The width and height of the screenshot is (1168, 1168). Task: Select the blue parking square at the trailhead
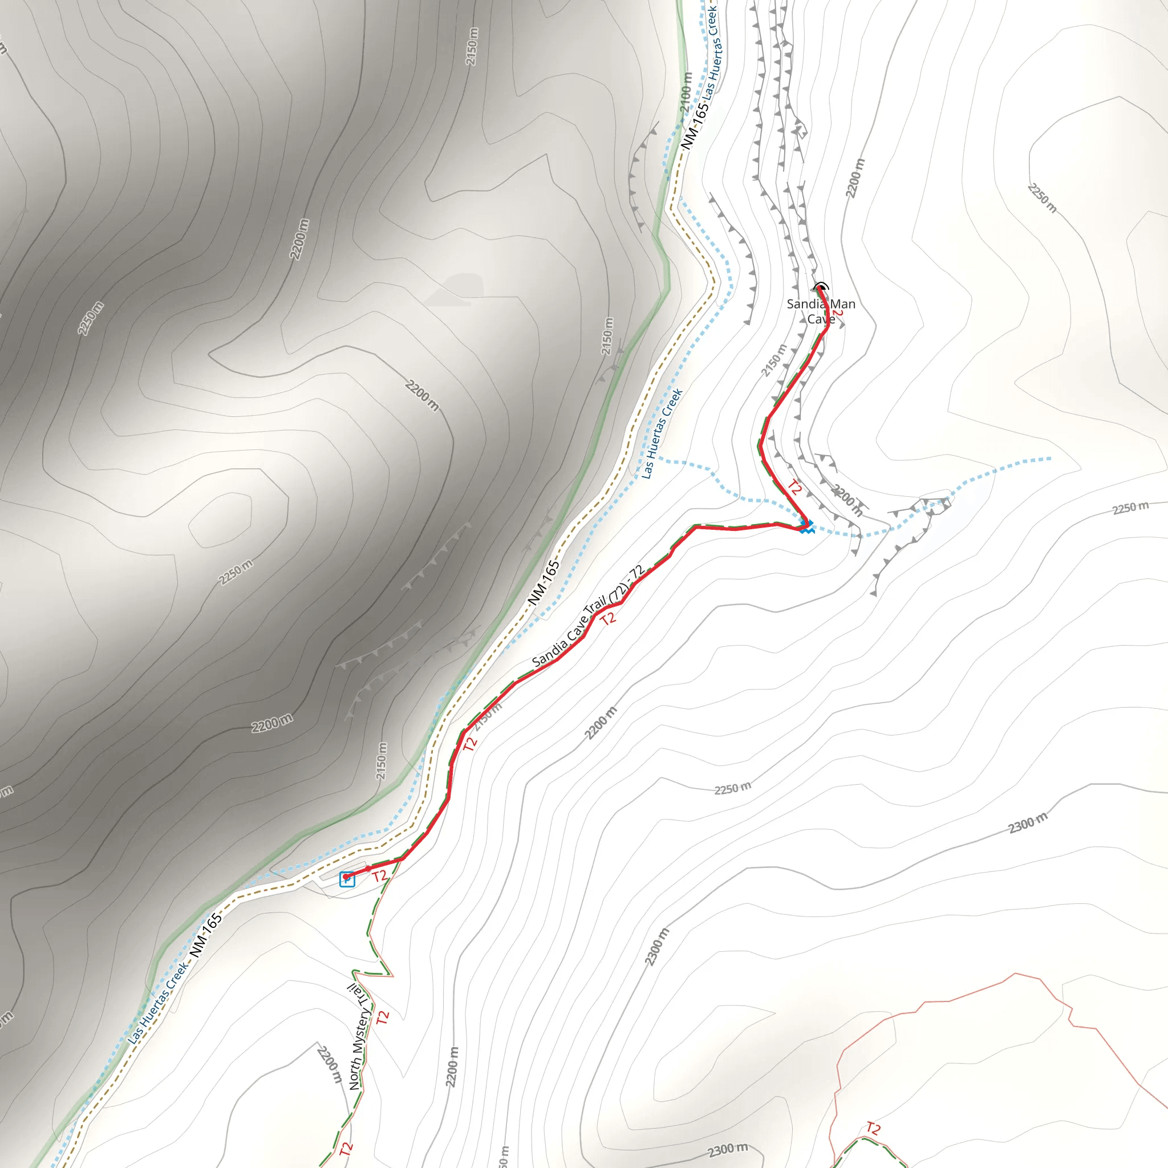(x=347, y=879)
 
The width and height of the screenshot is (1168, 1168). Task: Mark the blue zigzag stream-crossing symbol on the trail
(x=806, y=526)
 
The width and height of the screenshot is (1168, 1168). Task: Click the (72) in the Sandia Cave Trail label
(x=617, y=594)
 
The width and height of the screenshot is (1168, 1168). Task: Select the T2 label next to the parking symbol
(x=379, y=876)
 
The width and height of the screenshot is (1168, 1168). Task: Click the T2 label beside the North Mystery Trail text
(x=383, y=1017)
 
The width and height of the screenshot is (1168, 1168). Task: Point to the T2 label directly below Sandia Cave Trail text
(x=608, y=618)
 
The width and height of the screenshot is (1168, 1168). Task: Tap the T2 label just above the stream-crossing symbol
(x=794, y=487)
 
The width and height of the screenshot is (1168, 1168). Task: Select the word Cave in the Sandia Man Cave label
(x=821, y=319)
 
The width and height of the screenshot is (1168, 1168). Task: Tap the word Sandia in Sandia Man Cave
(x=806, y=304)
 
